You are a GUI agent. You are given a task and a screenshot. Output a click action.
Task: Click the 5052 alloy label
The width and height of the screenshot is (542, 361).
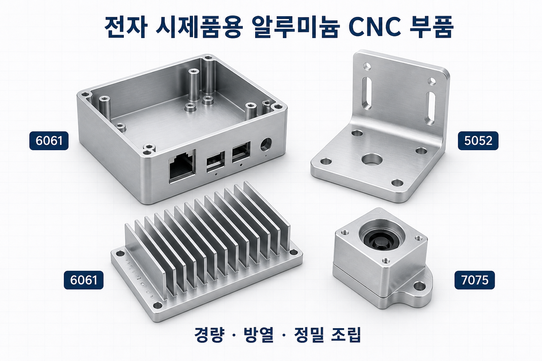[x=478, y=141]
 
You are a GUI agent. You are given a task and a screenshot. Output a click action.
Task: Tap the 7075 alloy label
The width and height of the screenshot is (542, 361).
[x=475, y=280]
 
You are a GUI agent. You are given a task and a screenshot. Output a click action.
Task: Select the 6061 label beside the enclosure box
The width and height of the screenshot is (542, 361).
[x=49, y=141]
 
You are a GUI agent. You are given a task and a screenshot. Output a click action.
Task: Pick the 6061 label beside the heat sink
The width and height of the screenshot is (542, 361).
[x=84, y=280]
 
